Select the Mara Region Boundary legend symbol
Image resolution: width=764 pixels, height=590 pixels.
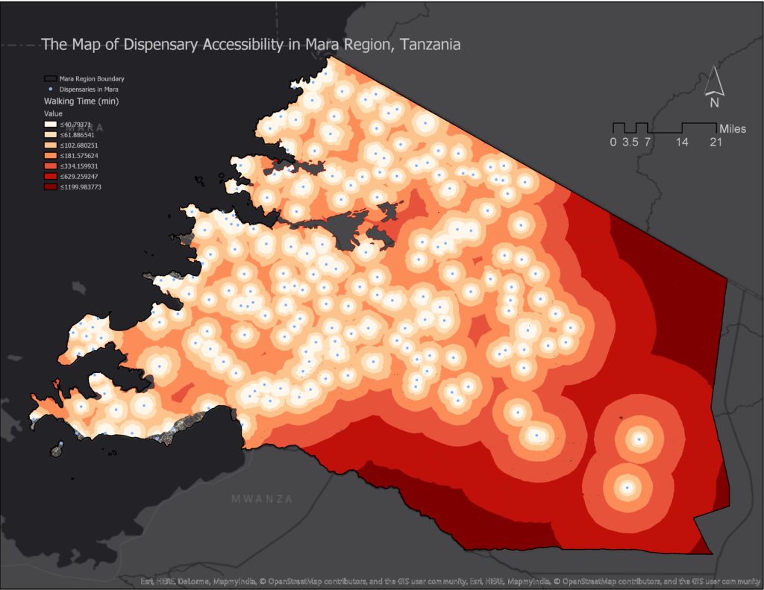[x=51, y=78]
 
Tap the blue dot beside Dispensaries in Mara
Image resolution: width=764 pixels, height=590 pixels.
[x=51, y=89]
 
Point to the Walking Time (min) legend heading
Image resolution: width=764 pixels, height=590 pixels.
[x=81, y=101]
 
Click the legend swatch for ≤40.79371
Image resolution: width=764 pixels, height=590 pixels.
[x=51, y=125]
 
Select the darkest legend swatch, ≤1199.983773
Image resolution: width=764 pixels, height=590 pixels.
[x=51, y=187]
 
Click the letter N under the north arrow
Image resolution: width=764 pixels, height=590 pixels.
[x=714, y=102]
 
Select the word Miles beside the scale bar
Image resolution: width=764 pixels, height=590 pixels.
[x=732, y=129]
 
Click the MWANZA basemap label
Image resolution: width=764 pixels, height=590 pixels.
[x=262, y=498]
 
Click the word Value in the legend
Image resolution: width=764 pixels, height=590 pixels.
[x=54, y=113]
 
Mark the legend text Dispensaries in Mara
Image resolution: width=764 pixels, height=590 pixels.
[x=89, y=89]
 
